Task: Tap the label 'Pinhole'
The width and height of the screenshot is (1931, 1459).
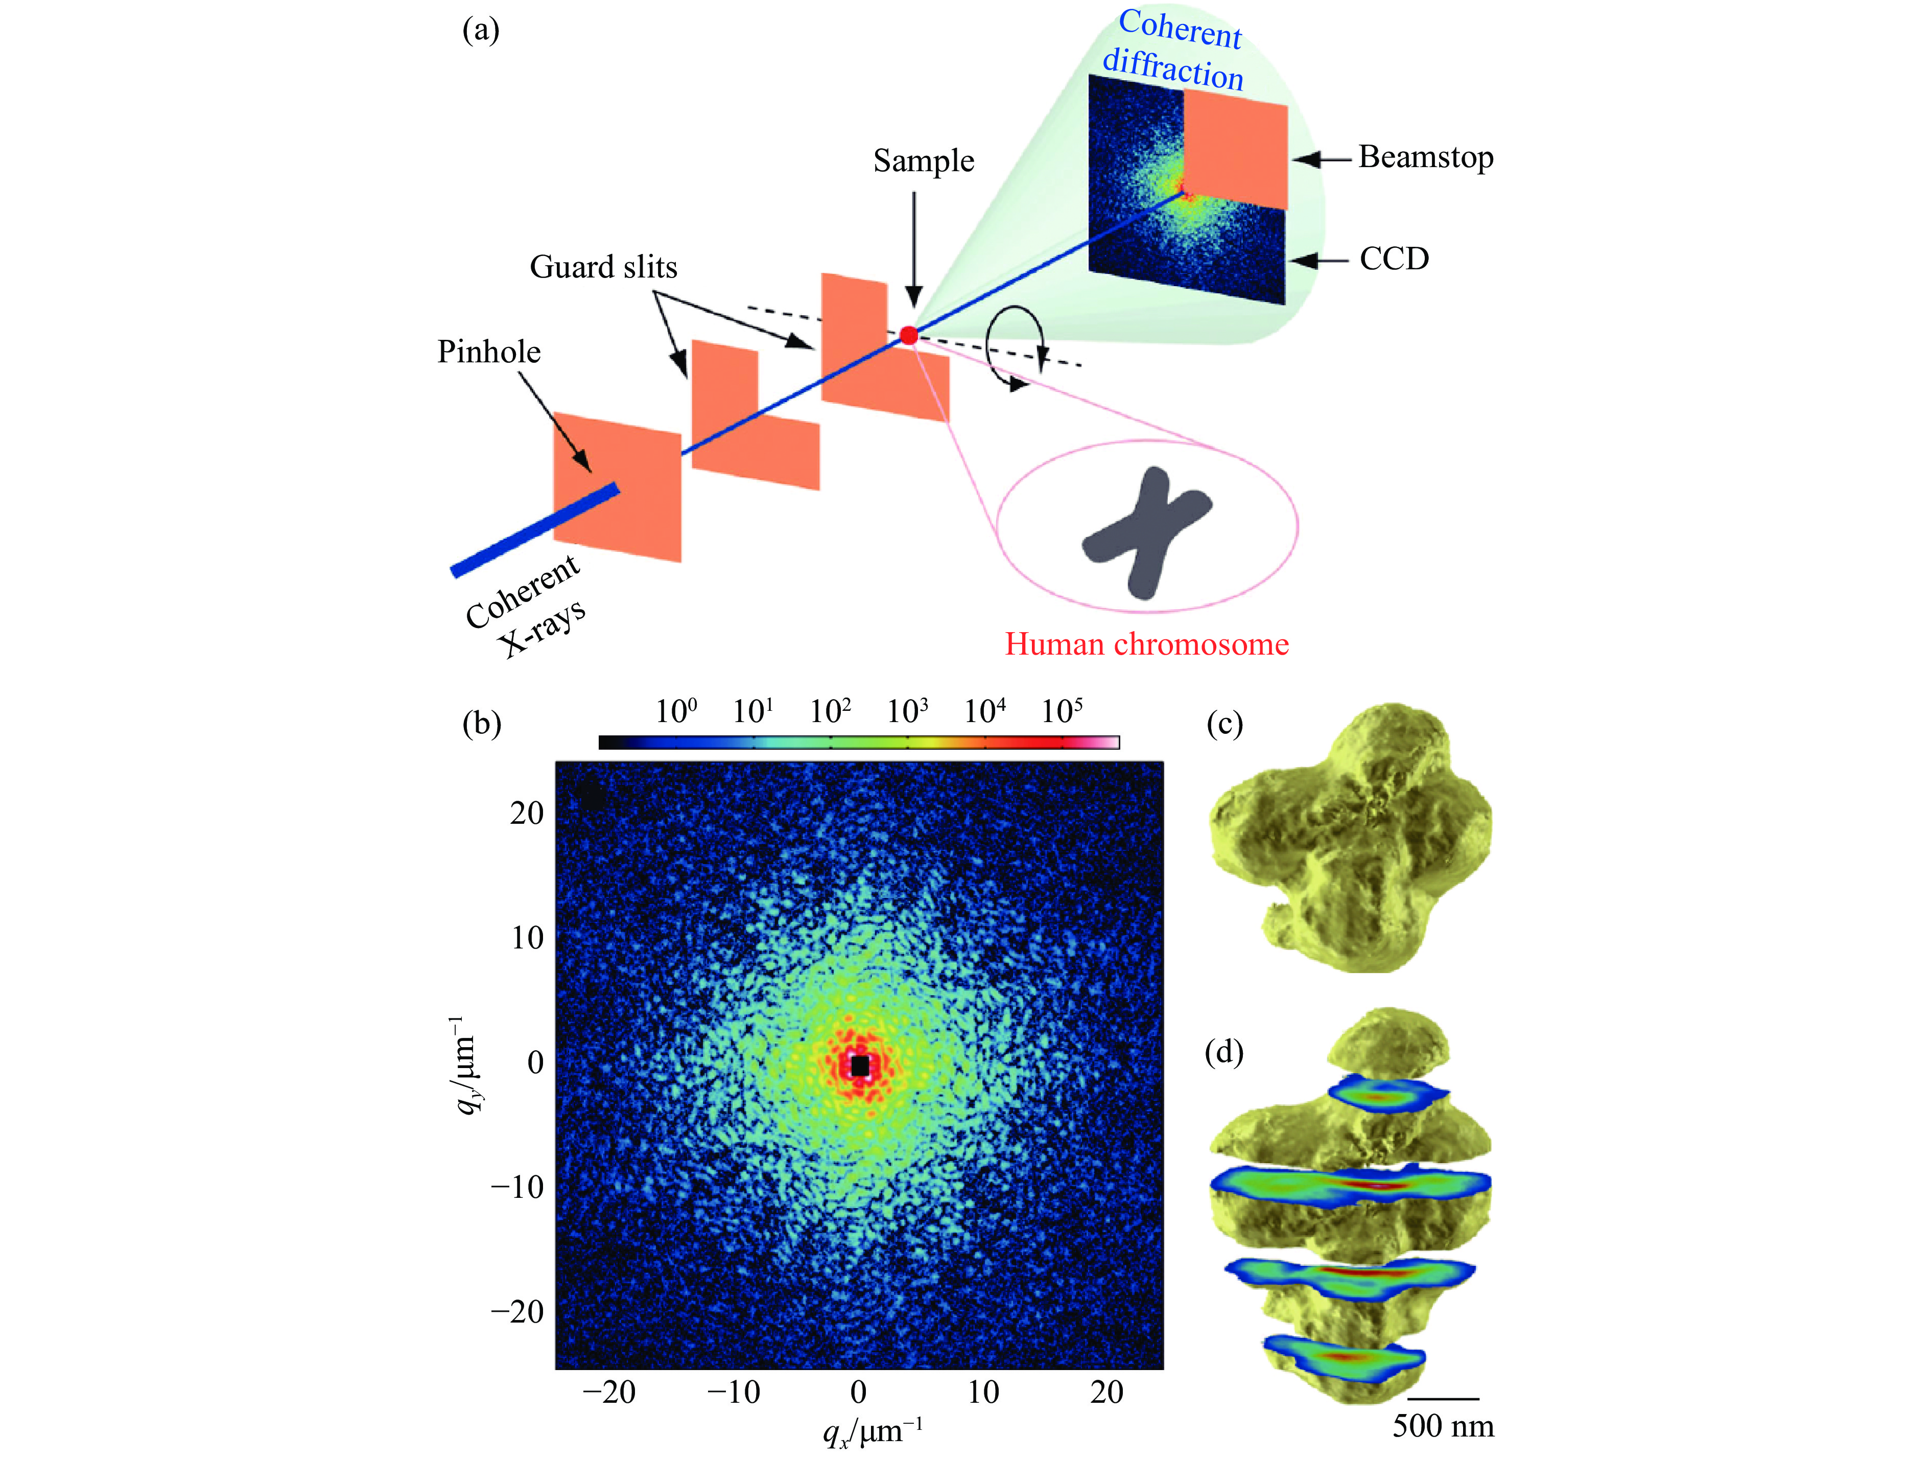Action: click(x=489, y=352)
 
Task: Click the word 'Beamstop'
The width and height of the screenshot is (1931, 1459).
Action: click(x=1426, y=157)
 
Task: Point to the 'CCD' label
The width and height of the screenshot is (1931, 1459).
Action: click(x=1394, y=259)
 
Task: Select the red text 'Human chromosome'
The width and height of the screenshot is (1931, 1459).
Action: click(x=1146, y=644)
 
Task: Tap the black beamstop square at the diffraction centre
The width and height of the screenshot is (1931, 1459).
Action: click(x=860, y=1065)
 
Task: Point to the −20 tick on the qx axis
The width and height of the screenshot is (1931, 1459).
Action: click(x=608, y=1392)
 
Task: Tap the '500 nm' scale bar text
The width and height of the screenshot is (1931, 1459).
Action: click(x=1442, y=1425)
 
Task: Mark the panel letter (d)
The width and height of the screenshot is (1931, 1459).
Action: click(x=1224, y=1052)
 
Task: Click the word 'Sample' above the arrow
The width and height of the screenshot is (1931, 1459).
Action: click(x=924, y=161)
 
